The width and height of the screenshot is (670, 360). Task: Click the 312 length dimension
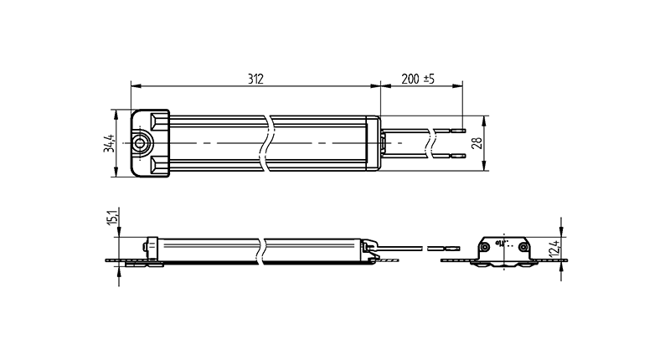click(x=255, y=79)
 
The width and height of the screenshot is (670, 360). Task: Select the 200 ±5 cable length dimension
click(x=417, y=79)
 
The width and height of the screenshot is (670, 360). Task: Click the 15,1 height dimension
click(x=113, y=217)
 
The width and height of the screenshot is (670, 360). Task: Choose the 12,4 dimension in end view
click(x=554, y=248)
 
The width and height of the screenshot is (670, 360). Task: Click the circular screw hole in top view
click(x=140, y=143)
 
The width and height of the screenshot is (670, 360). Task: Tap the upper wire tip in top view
click(x=459, y=129)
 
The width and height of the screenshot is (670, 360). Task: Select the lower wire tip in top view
click(x=459, y=156)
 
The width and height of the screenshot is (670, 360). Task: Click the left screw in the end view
click(x=486, y=247)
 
